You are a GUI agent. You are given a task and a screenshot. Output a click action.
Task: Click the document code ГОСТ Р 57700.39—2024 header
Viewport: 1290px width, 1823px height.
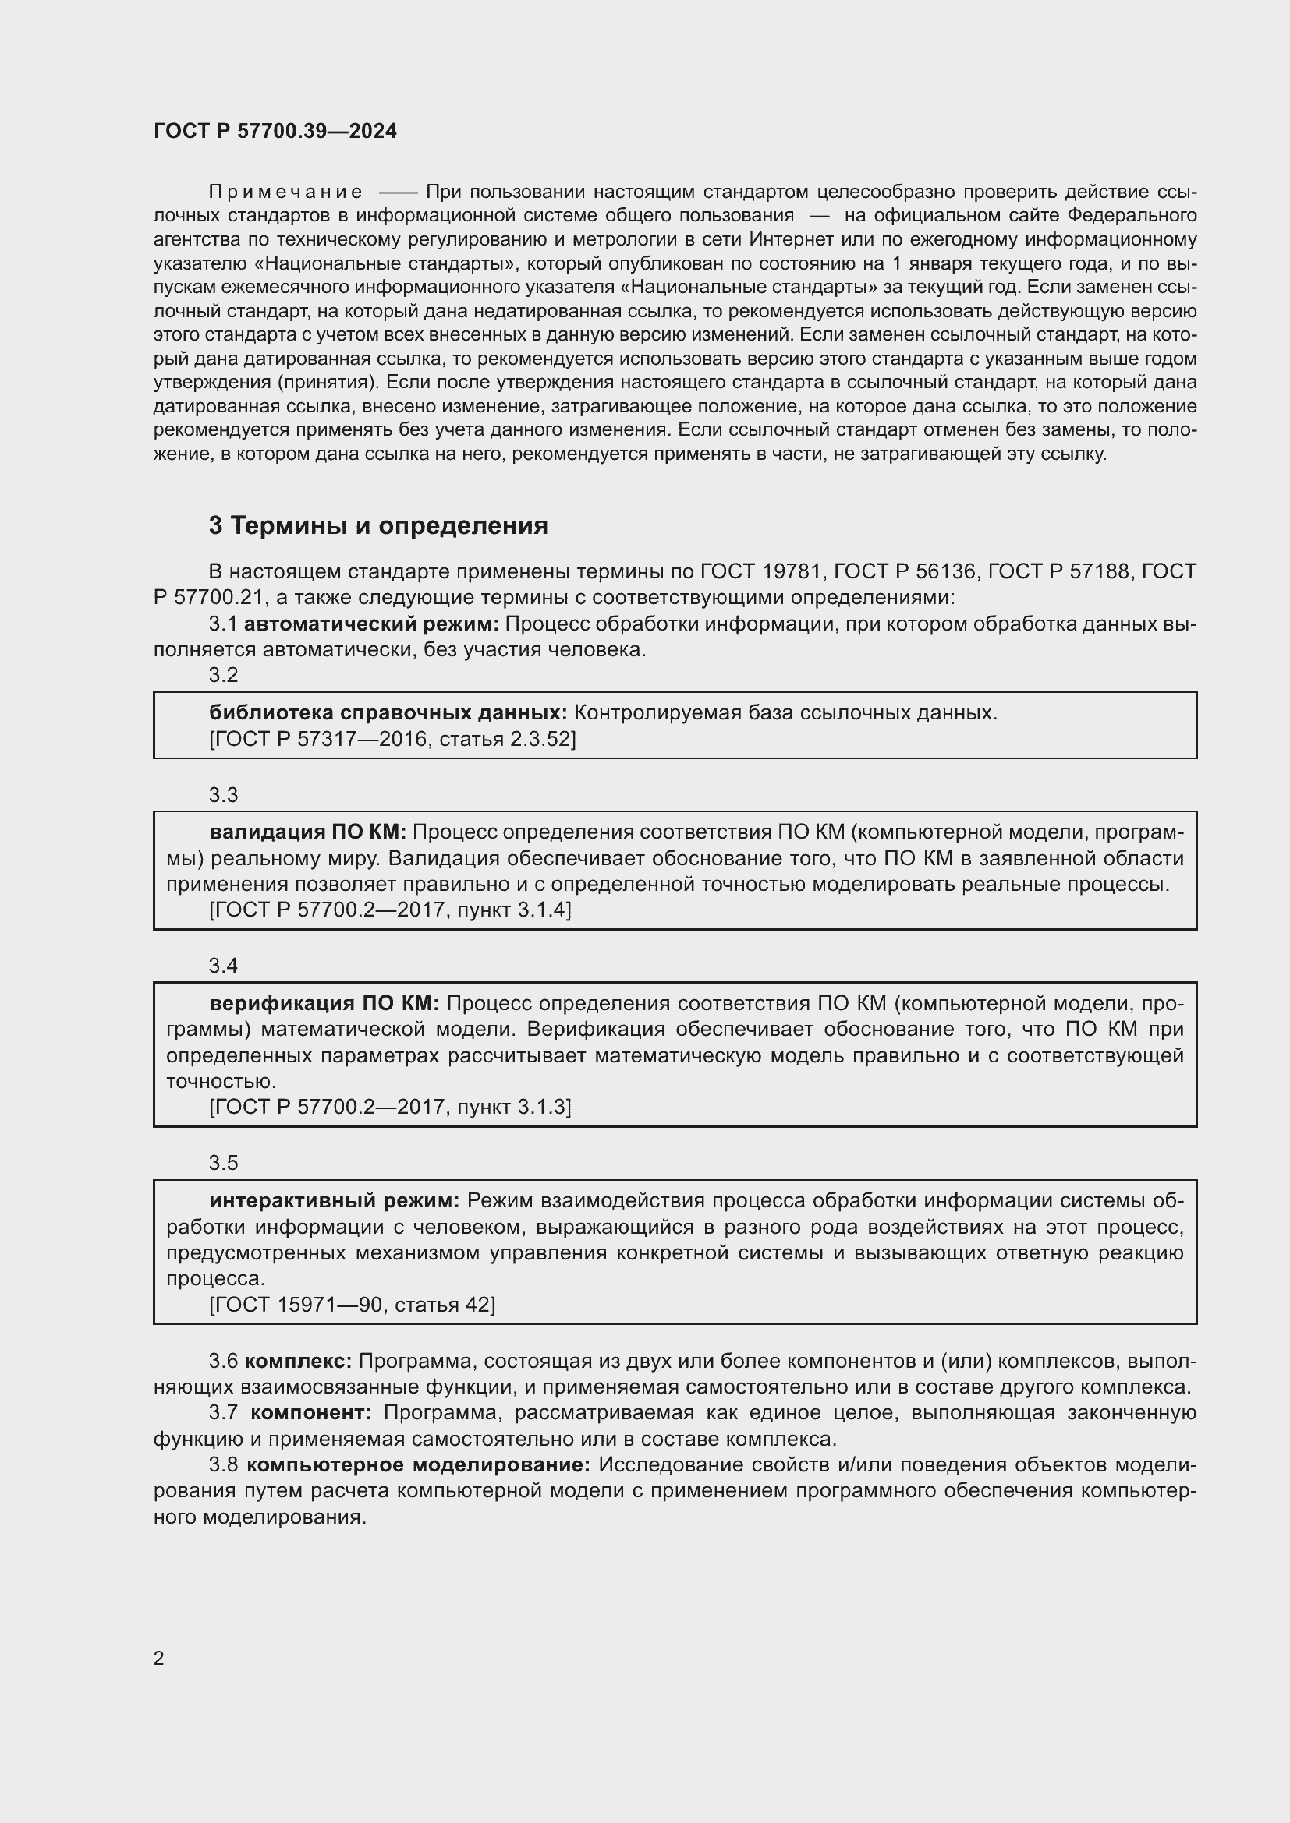click(x=275, y=131)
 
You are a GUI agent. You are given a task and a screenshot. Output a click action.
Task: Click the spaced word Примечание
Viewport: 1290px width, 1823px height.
click(x=286, y=193)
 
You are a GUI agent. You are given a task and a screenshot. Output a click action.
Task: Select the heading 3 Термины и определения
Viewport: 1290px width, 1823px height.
click(x=378, y=525)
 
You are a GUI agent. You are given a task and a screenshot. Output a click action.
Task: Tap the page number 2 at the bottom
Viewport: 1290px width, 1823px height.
click(x=159, y=1658)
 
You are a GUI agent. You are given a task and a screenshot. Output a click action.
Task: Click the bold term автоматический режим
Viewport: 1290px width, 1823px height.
click(x=371, y=624)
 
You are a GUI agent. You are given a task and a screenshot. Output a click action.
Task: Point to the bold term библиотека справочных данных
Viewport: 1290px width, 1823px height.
click(x=388, y=713)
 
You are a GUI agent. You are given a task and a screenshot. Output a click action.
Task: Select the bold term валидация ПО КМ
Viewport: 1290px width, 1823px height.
click(x=307, y=832)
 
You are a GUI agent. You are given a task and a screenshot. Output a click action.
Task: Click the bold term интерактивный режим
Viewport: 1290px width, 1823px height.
click(x=335, y=1200)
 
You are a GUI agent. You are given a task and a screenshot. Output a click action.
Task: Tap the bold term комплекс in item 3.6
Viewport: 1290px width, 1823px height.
click(x=298, y=1361)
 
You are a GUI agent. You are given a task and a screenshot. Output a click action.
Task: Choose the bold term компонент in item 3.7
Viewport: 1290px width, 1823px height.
click(x=310, y=1412)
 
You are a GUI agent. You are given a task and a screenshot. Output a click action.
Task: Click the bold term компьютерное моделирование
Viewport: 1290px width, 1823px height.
click(x=419, y=1465)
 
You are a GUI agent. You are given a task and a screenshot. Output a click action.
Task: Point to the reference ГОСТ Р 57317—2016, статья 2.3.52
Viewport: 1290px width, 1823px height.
click(x=392, y=739)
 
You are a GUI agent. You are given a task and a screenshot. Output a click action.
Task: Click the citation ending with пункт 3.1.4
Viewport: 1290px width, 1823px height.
click(x=390, y=910)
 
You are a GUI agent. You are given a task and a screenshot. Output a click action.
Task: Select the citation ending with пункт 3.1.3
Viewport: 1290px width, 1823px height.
click(x=390, y=1107)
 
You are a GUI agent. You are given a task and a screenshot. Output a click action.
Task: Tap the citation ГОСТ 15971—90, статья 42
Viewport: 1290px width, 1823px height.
click(x=352, y=1305)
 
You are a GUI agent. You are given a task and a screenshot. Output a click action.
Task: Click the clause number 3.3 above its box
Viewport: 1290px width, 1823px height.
click(x=223, y=795)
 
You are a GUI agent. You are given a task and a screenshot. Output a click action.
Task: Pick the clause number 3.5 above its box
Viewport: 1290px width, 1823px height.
click(x=223, y=1162)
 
